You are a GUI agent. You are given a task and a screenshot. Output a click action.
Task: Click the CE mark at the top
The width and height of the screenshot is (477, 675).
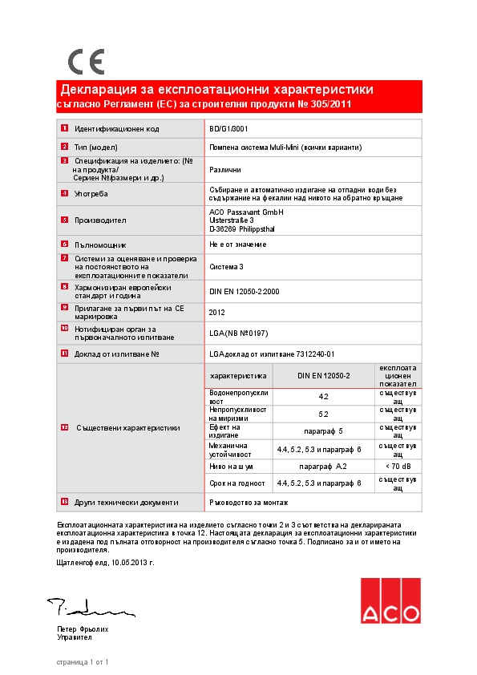[x=86, y=61]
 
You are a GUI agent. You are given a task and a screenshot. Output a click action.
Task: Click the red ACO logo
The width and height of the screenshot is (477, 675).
[x=390, y=601]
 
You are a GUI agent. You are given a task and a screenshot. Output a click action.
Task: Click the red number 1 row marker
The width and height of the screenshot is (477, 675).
[x=64, y=128]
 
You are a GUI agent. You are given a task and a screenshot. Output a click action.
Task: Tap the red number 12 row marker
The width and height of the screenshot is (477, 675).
[x=64, y=427]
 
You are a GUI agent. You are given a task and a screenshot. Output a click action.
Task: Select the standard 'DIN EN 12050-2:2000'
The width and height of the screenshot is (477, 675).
[x=244, y=292]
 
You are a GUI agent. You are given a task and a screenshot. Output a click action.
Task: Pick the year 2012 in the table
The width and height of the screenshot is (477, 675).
[x=217, y=313]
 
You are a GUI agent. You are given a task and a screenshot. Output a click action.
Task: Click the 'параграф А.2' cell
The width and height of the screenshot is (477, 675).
[x=323, y=466]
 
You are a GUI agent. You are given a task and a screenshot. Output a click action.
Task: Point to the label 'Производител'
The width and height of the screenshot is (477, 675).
[x=100, y=220]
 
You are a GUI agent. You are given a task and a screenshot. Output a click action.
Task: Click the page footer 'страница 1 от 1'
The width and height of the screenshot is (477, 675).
[x=82, y=662]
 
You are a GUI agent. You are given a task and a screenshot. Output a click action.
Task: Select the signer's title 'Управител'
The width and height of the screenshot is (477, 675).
[x=75, y=637]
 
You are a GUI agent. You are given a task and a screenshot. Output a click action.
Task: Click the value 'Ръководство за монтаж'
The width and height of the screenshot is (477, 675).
[x=249, y=503]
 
